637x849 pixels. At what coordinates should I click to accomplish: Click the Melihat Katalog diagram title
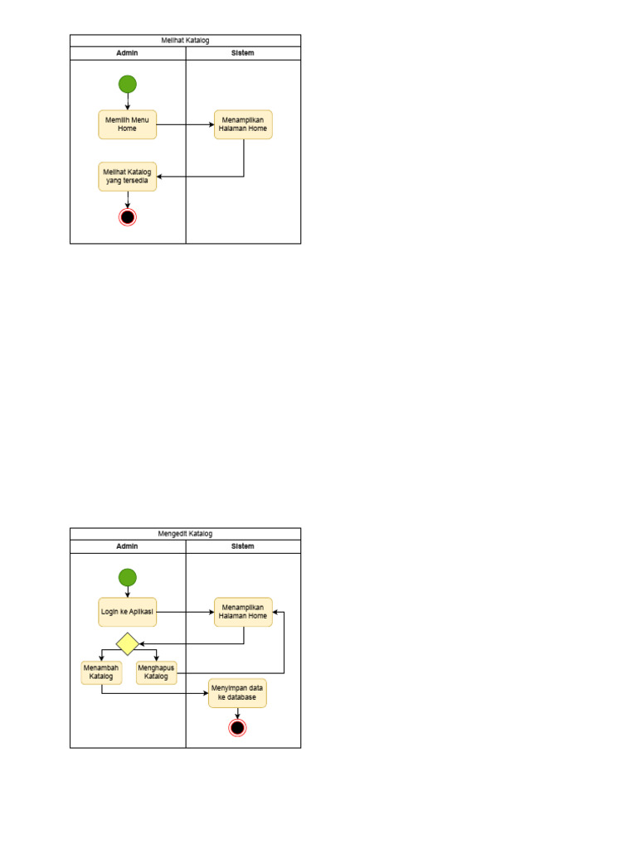[185, 40]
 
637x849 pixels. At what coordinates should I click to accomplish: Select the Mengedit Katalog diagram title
[185, 533]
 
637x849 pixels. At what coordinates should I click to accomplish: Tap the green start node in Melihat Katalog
[127, 84]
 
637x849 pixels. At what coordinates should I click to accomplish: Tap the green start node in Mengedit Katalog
[127, 577]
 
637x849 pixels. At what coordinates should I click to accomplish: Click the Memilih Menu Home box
[127, 124]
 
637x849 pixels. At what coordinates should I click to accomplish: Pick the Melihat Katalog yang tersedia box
[127, 177]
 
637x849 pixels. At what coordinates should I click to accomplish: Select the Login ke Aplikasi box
[127, 612]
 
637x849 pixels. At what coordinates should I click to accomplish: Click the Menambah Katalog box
[101, 672]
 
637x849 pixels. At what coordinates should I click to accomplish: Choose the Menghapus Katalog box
[156, 672]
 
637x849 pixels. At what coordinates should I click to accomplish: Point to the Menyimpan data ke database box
[237, 693]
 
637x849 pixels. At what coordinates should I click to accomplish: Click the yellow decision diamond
[127, 643]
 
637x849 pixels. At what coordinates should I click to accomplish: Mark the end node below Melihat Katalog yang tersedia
[127, 217]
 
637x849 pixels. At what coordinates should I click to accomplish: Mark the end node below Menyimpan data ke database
[237, 728]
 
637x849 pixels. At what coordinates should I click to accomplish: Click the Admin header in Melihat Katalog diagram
[127, 53]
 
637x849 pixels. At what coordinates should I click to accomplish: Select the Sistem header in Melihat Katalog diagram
[243, 53]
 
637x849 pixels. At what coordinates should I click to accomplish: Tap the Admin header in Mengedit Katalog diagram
[127, 546]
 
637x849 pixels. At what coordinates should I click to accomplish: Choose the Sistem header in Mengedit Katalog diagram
[243, 546]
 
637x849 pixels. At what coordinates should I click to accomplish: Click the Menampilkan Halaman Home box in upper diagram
[243, 124]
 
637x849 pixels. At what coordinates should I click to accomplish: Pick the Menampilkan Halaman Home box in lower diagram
[243, 612]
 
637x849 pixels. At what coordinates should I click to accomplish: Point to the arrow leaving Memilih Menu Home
[184, 124]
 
